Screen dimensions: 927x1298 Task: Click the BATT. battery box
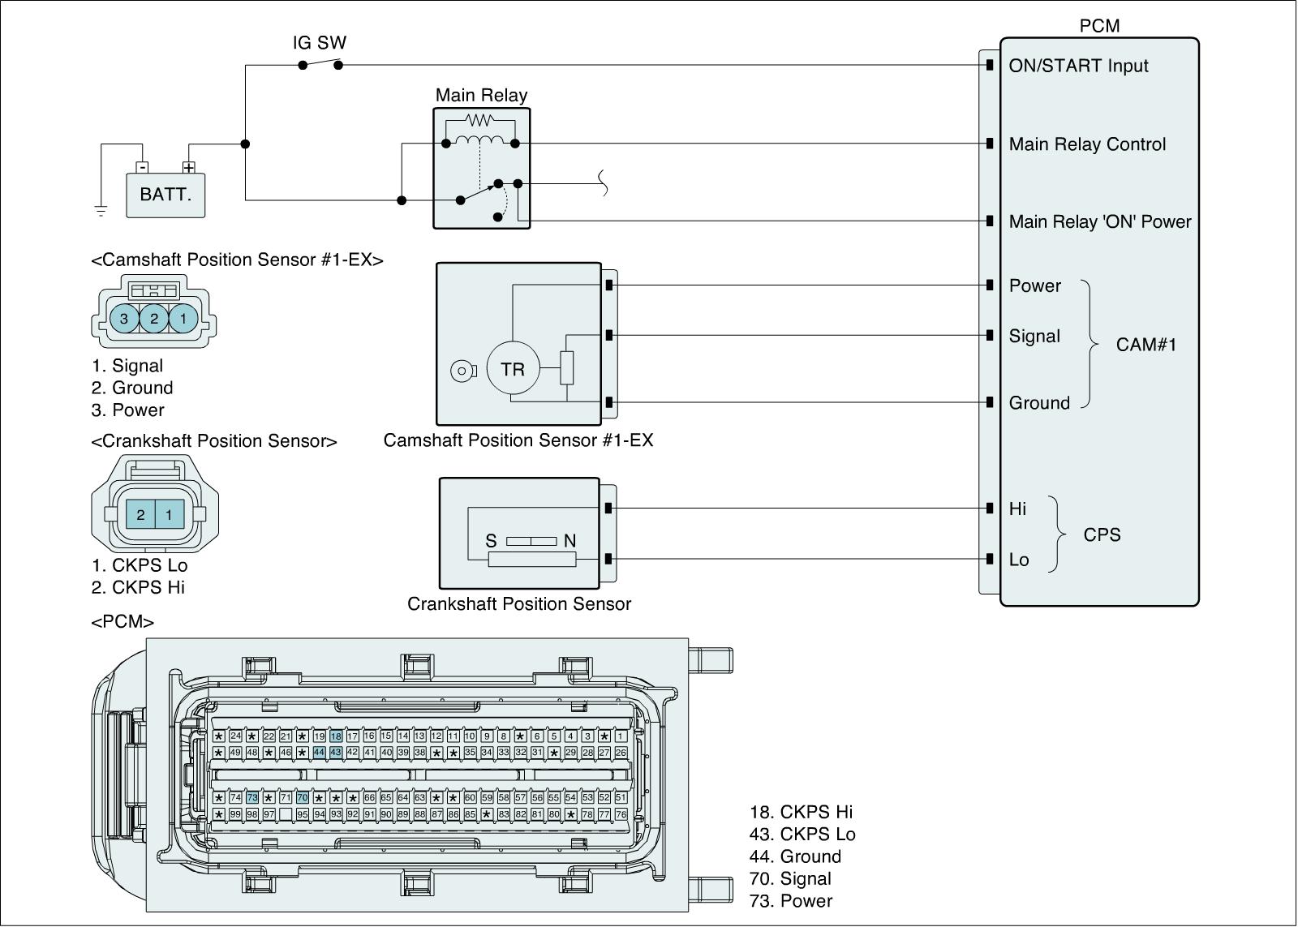(x=165, y=195)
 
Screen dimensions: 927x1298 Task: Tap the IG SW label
(x=320, y=43)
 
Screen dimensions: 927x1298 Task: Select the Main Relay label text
(x=481, y=96)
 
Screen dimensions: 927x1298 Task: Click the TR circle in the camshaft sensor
(x=513, y=370)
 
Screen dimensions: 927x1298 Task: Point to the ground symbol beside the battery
(x=101, y=211)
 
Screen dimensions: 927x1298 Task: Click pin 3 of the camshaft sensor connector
(x=124, y=319)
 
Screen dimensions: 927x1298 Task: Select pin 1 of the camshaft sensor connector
(x=183, y=319)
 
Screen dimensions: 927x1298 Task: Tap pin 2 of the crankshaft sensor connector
(x=141, y=515)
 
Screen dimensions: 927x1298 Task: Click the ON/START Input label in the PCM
(x=1078, y=67)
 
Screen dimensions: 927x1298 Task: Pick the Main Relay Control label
(x=1087, y=144)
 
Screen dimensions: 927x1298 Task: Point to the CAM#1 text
(x=1145, y=345)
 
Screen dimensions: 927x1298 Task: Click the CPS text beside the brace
(x=1102, y=535)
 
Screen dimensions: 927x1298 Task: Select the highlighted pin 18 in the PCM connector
(x=336, y=736)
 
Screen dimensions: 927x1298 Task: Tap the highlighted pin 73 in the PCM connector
(x=252, y=798)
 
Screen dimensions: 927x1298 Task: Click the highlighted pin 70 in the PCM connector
(x=303, y=798)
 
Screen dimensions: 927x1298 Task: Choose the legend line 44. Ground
(x=795, y=856)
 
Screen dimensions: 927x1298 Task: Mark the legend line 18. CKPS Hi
(x=801, y=812)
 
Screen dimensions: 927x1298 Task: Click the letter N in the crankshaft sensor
(x=569, y=541)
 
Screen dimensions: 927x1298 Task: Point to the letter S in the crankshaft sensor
(x=491, y=541)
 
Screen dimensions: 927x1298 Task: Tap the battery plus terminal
(x=189, y=168)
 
